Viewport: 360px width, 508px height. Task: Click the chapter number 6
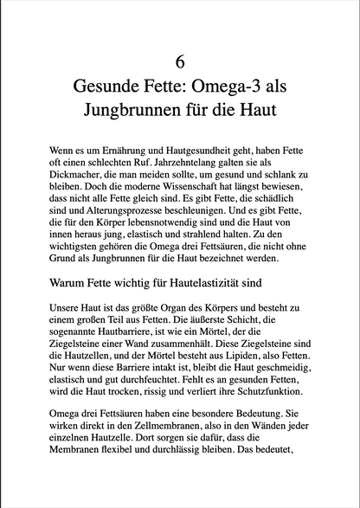(180, 61)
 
